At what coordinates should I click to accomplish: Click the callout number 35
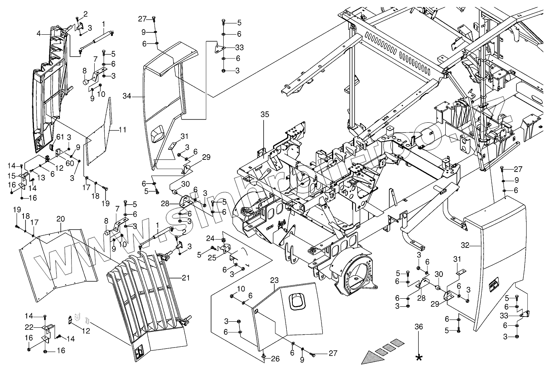[265, 114]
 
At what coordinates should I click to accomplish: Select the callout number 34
[127, 96]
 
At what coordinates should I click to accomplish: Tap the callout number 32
[465, 245]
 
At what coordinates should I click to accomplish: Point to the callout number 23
[275, 280]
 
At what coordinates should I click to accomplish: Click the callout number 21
[186, 278]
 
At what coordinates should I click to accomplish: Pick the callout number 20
[60, 219]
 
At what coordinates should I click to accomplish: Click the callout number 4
[39, 34]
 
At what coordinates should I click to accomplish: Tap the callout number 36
[419, 327]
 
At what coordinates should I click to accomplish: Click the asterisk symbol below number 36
[419, 358]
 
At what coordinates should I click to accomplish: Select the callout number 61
[60, 137]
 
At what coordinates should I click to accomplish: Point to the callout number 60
[70, 163]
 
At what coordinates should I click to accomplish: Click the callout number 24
[210, 238]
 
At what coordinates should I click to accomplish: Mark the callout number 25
[212, 258]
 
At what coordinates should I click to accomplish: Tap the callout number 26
[275, 359]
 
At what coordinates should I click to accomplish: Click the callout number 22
[29, 327]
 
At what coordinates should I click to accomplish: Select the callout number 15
[11, 176]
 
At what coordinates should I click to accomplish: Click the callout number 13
[41, 178]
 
